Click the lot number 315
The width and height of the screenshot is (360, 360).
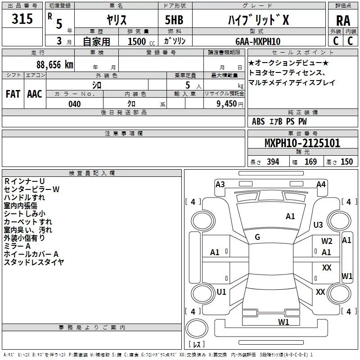click(22, 19)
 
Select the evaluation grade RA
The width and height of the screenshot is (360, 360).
click(343, 20)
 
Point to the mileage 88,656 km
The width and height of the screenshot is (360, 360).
click(52, 65)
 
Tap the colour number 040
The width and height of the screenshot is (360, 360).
click(75, 104)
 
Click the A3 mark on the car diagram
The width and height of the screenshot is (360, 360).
click(220, 184)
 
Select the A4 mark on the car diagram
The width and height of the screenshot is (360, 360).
click(321, 184)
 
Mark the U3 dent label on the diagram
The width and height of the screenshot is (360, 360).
click(318, 225)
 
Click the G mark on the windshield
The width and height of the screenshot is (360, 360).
click(257, 237)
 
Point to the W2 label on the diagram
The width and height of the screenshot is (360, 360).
click(327, 241)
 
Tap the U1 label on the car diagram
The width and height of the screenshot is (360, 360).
click(221, 292)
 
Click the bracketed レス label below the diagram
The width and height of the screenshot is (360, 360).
click(196, 345)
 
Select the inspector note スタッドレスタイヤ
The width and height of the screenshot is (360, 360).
click(34, 262)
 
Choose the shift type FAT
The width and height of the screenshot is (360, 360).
click(13, 94)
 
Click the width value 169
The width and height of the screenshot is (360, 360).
click(310, 162)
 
